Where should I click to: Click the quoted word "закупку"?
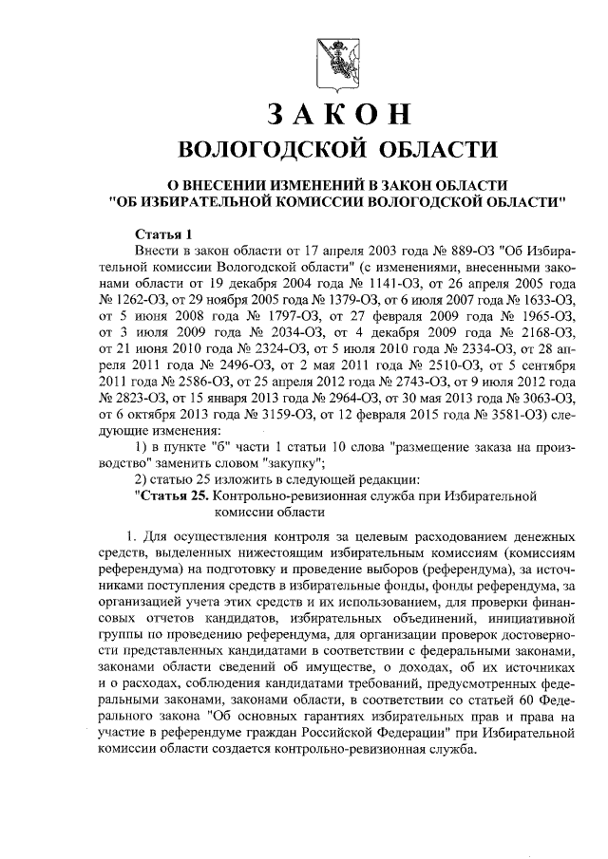(294, 463)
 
